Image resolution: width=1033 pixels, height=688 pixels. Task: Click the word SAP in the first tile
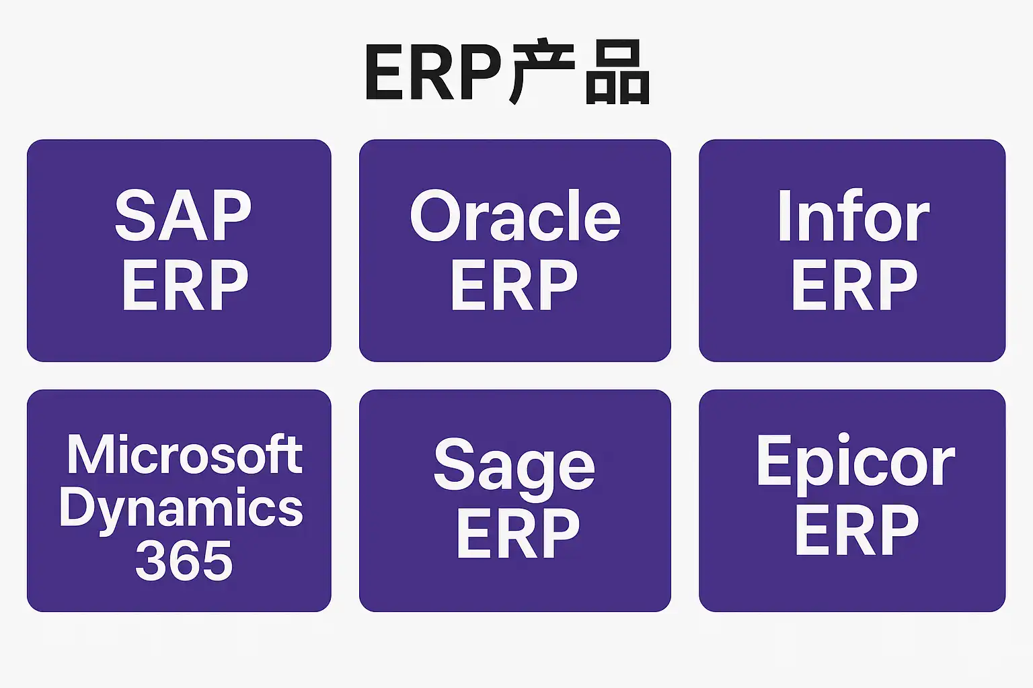coord(183,216)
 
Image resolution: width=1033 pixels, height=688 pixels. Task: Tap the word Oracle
coord(515,216)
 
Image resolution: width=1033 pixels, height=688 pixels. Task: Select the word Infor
coord(853,216)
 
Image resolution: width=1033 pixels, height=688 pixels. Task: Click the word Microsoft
coord(184,455)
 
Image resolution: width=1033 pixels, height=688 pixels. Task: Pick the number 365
coord(184,561)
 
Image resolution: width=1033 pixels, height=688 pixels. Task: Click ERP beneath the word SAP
coord(185,286)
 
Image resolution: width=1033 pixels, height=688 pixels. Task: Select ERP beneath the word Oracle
coord(514,286)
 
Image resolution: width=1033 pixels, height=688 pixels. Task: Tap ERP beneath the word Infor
coord(854,286)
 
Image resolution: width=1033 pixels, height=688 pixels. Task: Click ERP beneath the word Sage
coord(517,533)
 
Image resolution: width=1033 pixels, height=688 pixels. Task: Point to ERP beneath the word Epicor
coord(856,531)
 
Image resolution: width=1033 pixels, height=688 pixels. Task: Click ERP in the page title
coord(434,74)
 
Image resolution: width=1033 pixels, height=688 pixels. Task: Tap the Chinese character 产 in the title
coord(542,73)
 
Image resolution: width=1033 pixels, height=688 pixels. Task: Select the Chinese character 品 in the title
coord(617,74)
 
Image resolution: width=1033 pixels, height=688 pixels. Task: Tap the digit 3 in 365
coord(151,561)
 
